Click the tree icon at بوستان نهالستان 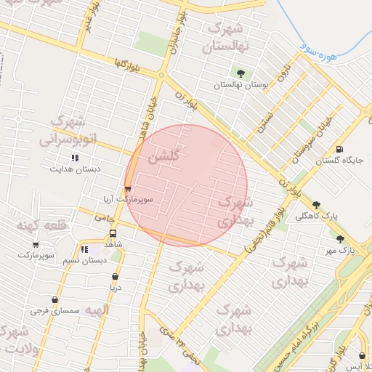[240, 73]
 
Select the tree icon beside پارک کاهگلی [315, 205]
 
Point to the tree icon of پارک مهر [340, 238]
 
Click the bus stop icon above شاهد [113, 234]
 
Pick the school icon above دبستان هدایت [74, 158]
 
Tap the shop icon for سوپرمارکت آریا [129, 189]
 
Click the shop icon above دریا [116, 276]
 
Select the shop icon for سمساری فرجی [54, 299]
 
